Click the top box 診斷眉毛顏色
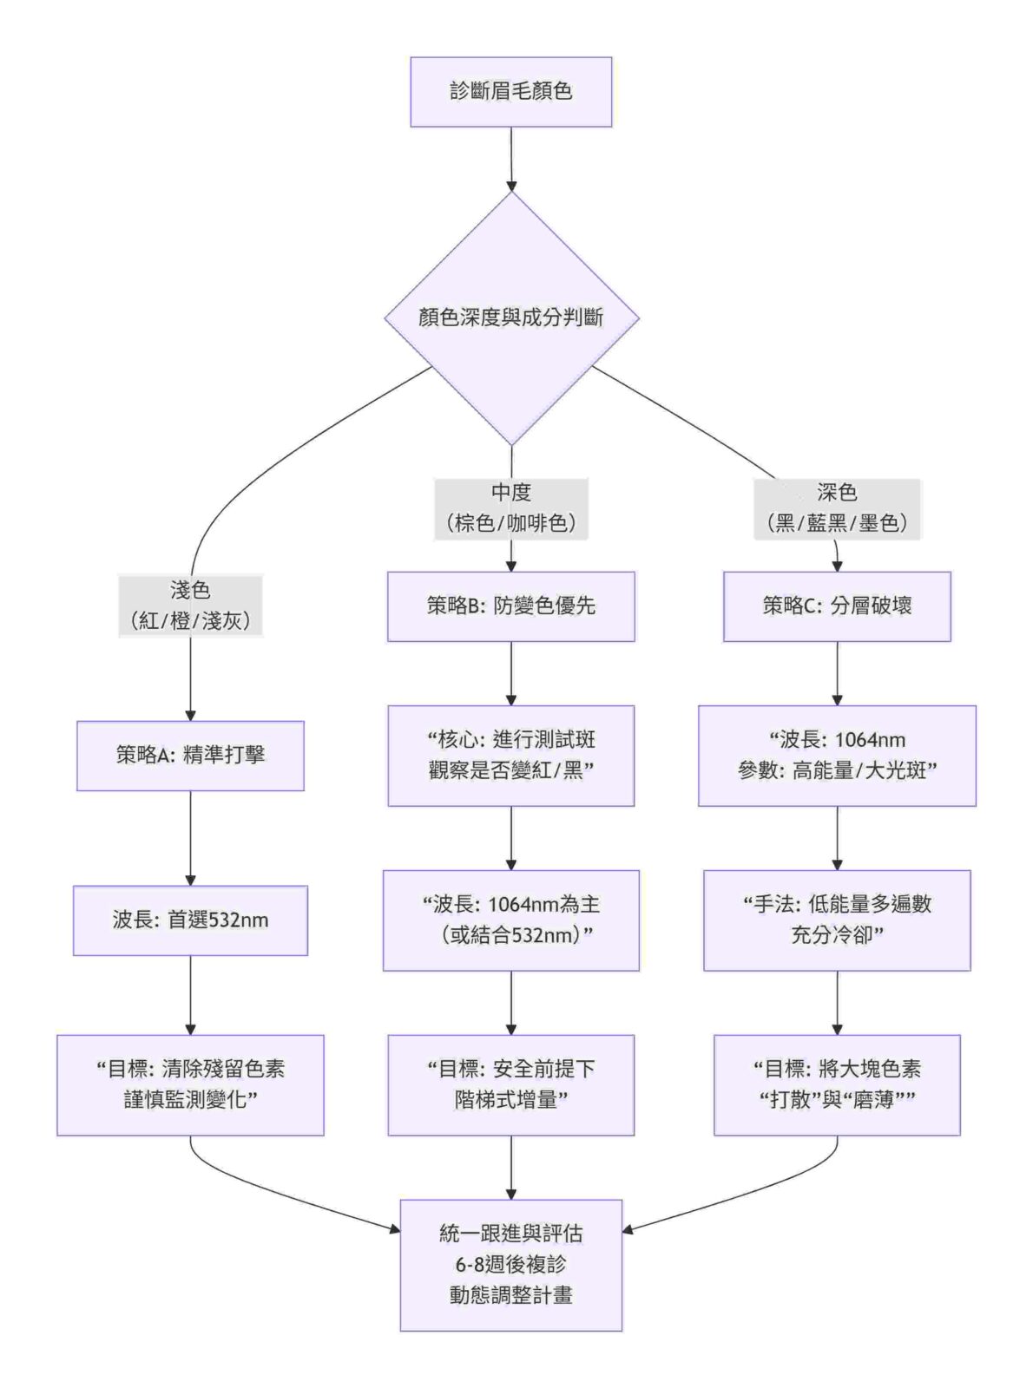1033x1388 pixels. coord(510,92)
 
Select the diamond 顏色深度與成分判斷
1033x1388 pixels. coord(511,318)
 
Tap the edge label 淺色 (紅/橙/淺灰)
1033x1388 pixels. coord(190,606)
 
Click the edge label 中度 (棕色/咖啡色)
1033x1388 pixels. coord(511,508)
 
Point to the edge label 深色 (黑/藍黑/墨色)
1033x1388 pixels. coord(837,508)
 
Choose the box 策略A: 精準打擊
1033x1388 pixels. coord(190,755)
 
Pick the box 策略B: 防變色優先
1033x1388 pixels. coord(510,606)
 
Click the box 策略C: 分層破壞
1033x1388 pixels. coord(837,606)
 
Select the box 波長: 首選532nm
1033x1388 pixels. coord(190,920)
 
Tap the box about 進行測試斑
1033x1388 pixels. coord(510,755)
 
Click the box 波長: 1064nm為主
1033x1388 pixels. coord(510,920)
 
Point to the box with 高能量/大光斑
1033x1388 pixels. coord(837,755)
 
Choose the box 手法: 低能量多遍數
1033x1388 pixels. coord(837,920)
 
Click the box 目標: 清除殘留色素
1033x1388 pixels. coord(190,1084)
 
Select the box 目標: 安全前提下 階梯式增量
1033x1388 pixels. coord(510,1084)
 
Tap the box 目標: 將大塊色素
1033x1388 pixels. coord(837,1084)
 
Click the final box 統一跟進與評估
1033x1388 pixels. coord(510,1234)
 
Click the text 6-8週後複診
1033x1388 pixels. coord(510,1265)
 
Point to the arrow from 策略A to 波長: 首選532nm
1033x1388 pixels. coord(190,838)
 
